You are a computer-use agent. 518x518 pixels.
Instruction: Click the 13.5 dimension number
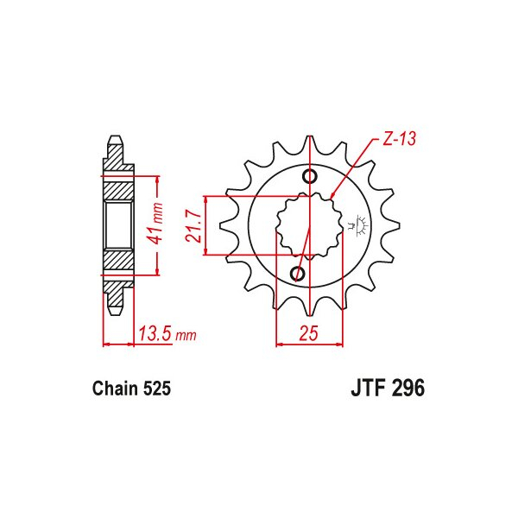click(154, 333)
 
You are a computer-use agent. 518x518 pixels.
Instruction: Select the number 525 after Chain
click(156, 389)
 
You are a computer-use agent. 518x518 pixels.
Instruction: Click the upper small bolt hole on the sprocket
click(309, 178)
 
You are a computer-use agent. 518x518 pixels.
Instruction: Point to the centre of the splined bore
click(305, 226)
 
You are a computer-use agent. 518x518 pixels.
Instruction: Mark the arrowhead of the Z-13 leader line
click(333, 196)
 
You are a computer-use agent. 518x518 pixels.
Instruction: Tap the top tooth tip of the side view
click(115, 140)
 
